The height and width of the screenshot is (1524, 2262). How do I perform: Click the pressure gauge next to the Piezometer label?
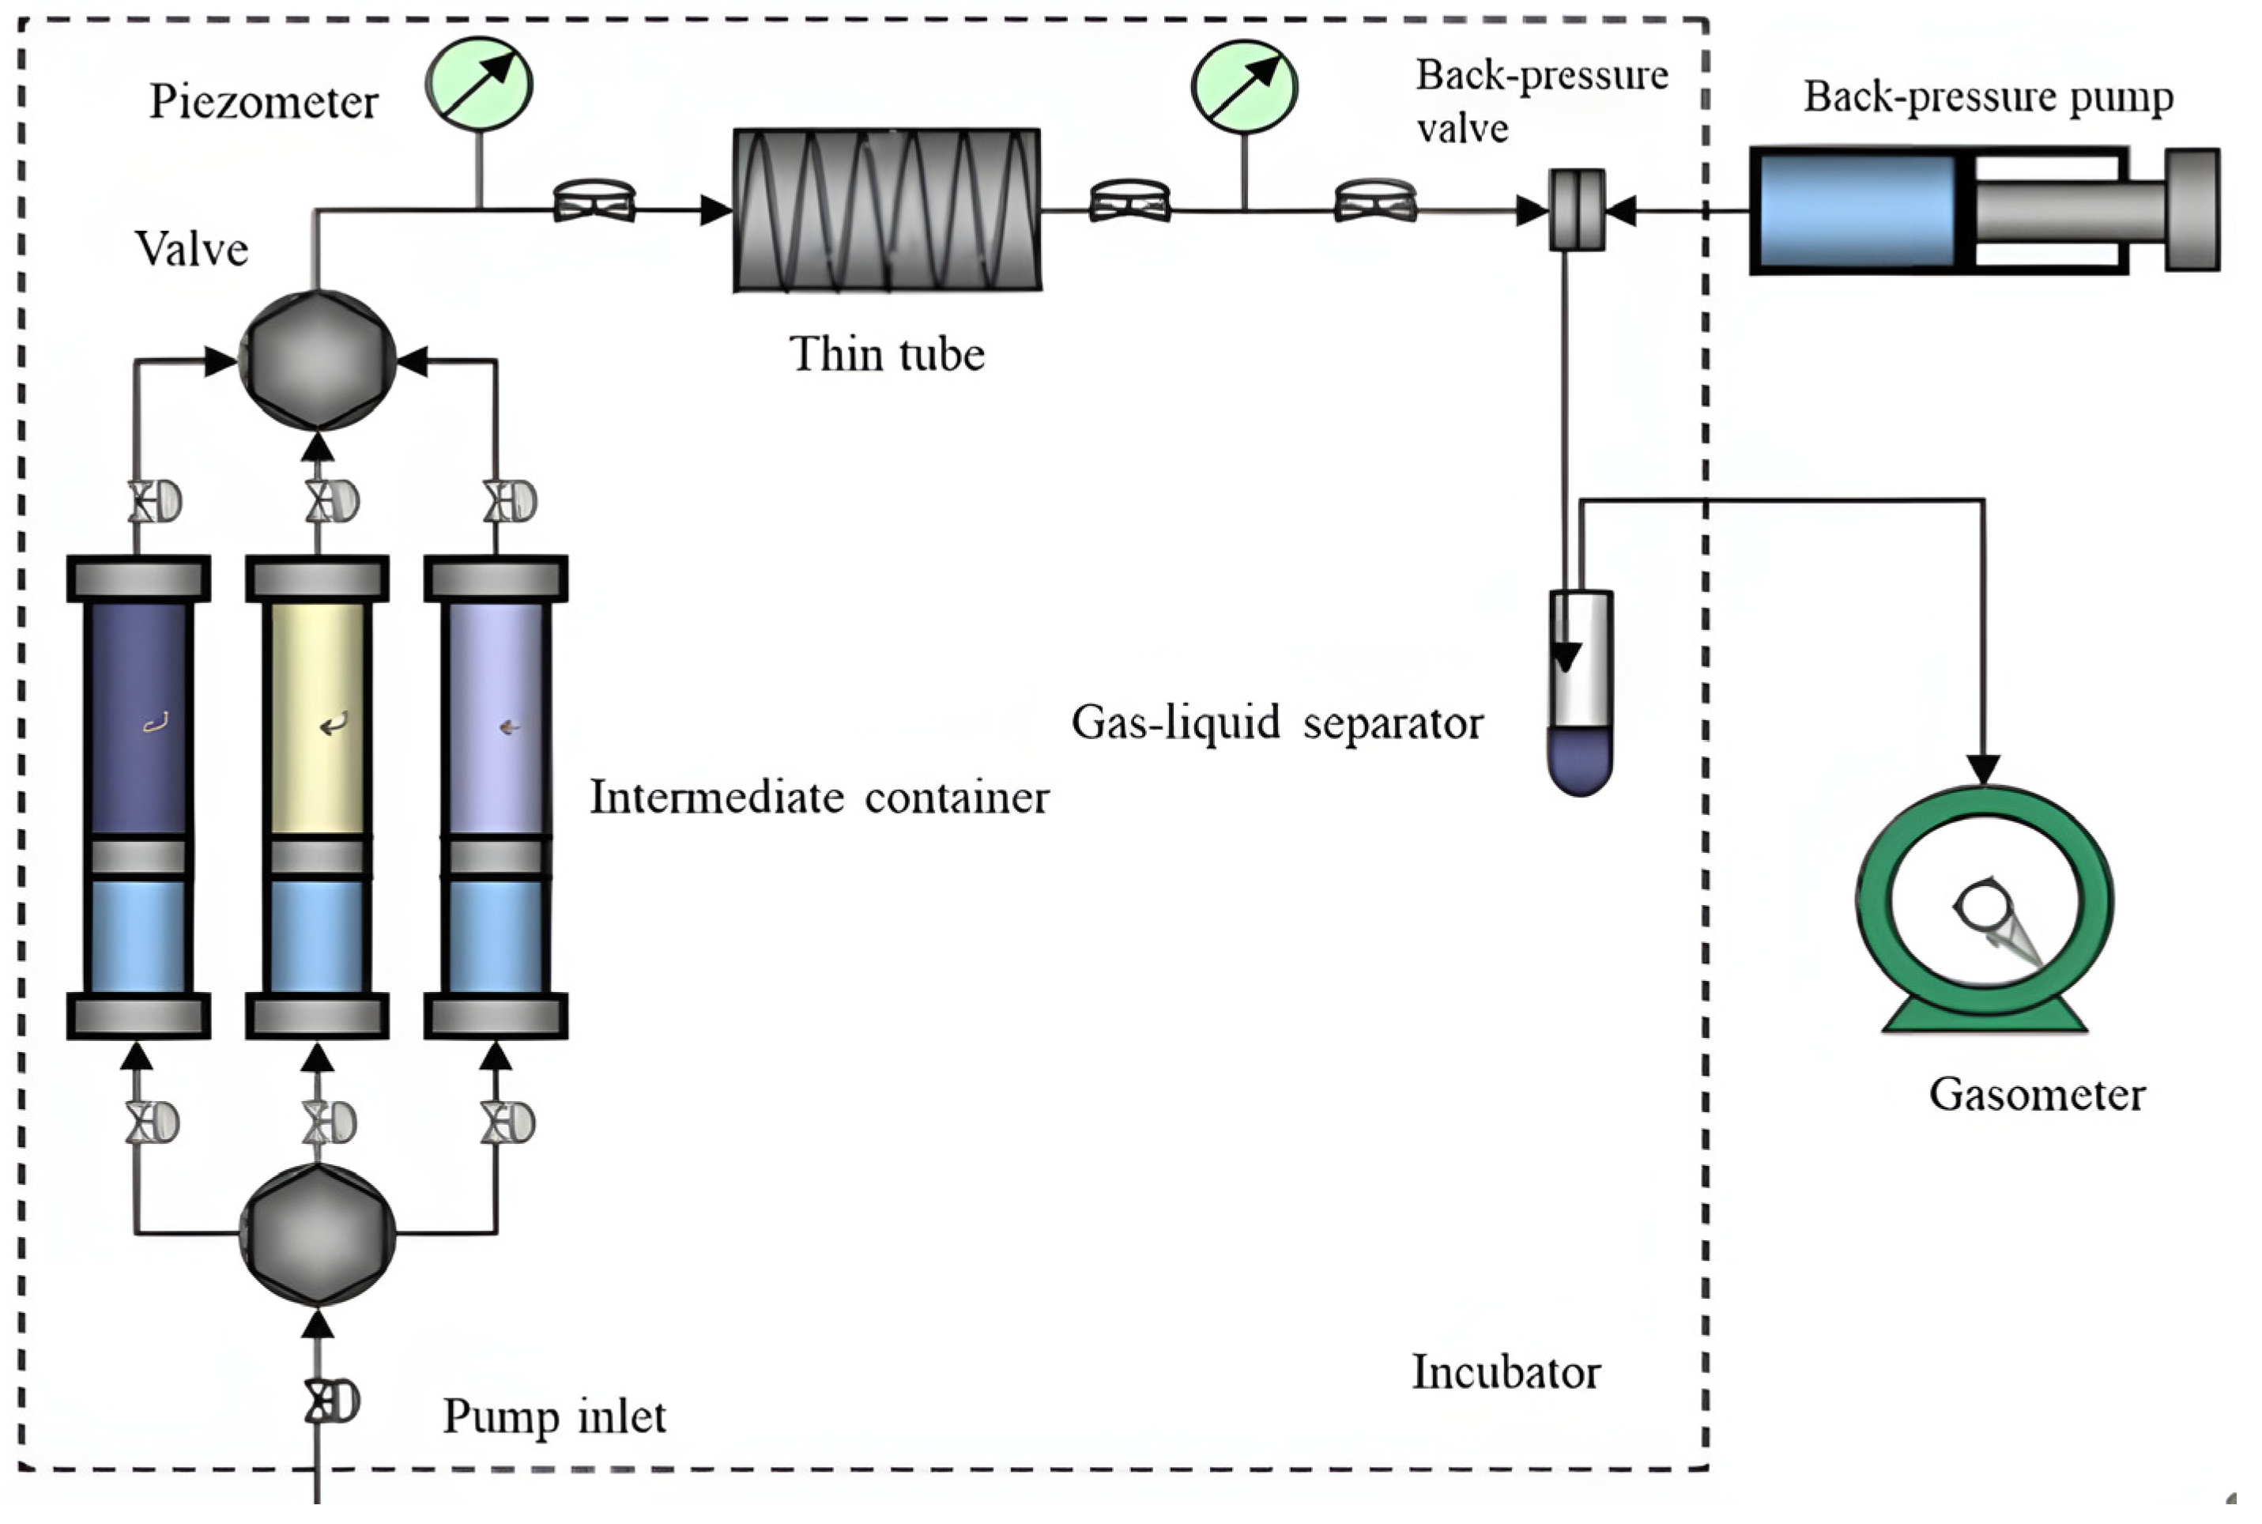[478, 85]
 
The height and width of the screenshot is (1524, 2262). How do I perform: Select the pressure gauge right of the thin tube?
[1244, 86]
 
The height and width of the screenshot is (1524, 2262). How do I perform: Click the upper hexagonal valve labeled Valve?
[318, 360]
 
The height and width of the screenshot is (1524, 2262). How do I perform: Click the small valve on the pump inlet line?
[330, 1401]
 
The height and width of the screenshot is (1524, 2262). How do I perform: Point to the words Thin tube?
[886, 354]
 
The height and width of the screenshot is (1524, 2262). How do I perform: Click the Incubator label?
[1505, 1372]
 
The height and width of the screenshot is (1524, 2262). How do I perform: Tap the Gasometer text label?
[2037, 1096]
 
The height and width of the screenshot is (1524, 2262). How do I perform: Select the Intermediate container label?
[819, 798]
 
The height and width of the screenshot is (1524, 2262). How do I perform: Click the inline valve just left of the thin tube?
[594, 202]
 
